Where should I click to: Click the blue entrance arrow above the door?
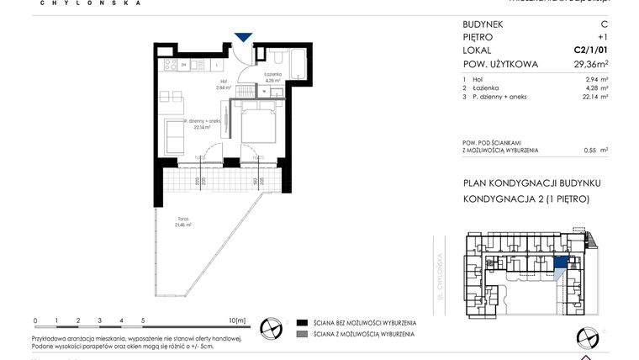(243, 37)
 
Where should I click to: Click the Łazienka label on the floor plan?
(272, 77)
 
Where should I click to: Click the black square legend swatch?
(301, 323)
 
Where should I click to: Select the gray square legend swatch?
(301, 335)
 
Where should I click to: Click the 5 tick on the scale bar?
(143, 320)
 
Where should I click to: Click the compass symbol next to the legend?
(271, 328)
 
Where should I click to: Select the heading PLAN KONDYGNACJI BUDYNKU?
(532, 183)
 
